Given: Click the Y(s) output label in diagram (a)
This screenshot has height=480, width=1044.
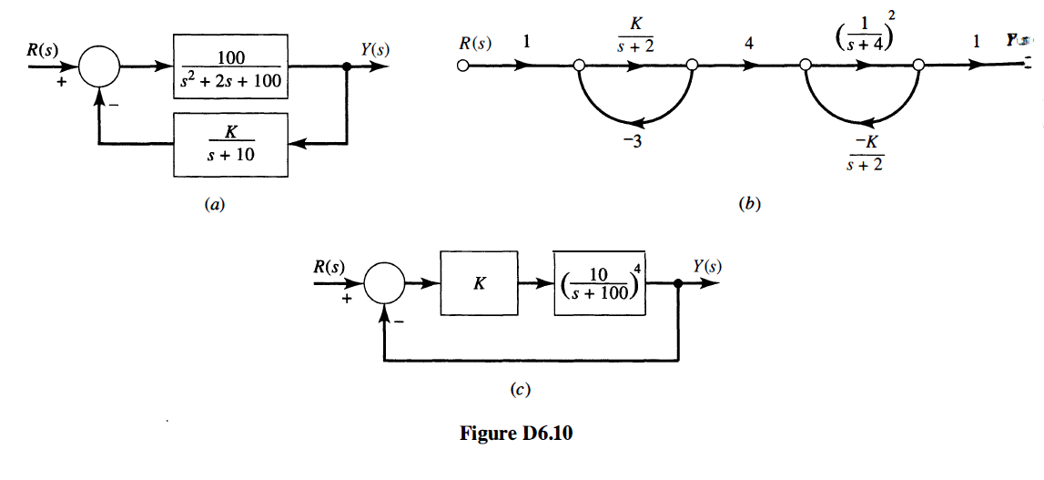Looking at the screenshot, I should tap(375, 48).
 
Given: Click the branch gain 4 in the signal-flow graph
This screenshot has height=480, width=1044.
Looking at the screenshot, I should tap(748, 44).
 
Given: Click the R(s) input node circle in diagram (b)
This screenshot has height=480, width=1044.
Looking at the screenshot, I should tap(463, 66).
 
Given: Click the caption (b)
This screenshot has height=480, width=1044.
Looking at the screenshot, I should tap(747, 206).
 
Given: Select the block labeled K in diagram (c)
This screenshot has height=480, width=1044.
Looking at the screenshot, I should tap(478, 283).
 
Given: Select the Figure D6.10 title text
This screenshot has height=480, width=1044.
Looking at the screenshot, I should tap(517, 434).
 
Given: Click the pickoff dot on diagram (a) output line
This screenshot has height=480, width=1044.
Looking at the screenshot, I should tap(347, 66).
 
